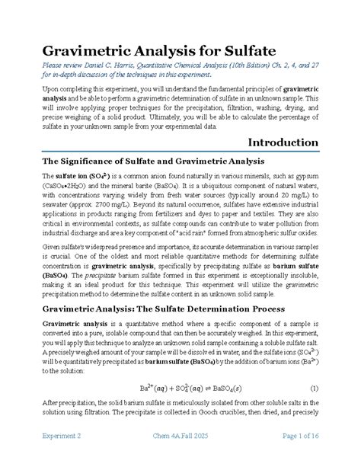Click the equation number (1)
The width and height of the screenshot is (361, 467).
click(314, 388)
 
